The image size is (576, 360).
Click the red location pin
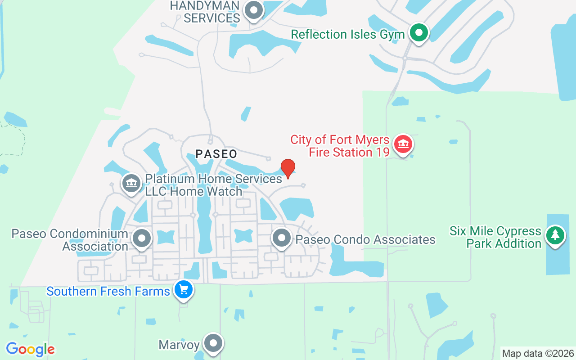[x=288, y=168]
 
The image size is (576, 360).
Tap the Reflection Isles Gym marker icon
[x=419, y=33]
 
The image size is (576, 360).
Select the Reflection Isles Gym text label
[x=347, y=35]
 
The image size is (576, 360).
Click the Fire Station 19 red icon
[x=403, y=144]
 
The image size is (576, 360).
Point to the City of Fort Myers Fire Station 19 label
[x=340, y=146]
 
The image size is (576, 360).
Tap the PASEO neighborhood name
[x=216, y=154]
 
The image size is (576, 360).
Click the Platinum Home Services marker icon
[x=131, y=183]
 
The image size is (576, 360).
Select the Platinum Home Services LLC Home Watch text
[x=213, y=185]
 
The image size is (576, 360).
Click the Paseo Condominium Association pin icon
[x=142, y=238]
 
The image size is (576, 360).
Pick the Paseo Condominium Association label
[x=70, y=240]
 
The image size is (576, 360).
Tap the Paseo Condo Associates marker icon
[x=282, y=238]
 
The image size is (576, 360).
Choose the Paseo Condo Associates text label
[x=365, y=239]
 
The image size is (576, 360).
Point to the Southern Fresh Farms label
[x=108, y=291]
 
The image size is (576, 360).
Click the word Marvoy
[x=179, y=345]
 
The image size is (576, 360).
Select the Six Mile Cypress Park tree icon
[x=555, y=235]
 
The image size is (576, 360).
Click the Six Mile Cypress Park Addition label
[x=495, y=237]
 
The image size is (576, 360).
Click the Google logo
[x=30, y=349]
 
